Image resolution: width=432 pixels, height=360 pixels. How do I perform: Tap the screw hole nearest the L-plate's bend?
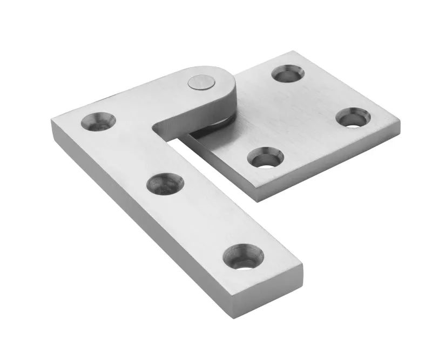[99, 121]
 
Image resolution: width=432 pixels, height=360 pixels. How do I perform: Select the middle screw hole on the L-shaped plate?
[165, 184]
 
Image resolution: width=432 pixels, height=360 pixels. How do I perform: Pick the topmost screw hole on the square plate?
[287, 73]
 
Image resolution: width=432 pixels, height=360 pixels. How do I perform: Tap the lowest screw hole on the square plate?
[265, 157]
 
